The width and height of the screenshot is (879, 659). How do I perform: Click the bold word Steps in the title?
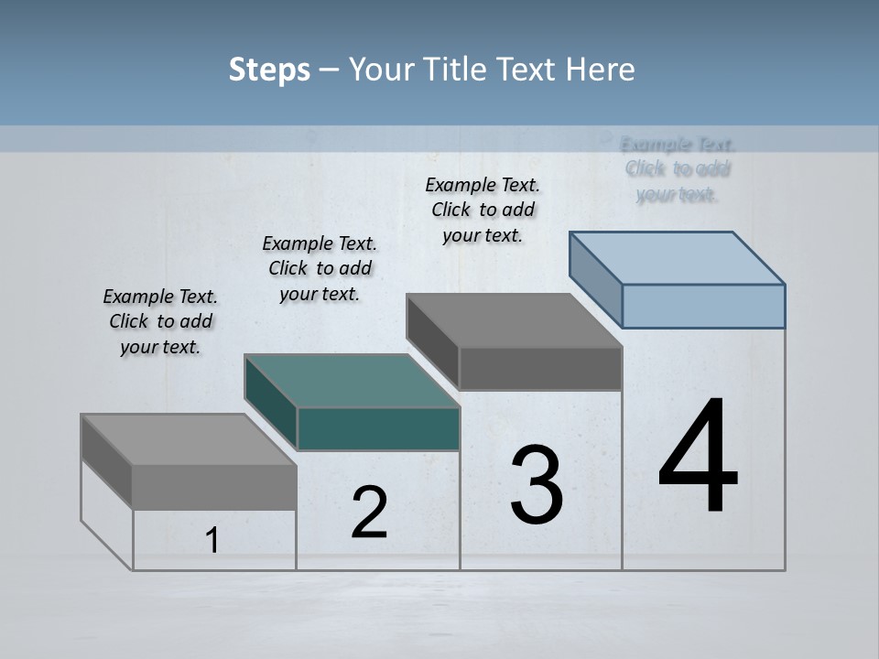coord(269,70)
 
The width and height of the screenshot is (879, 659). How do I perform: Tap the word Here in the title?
coord(601,70)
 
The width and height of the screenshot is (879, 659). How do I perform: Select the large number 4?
coord(698,458)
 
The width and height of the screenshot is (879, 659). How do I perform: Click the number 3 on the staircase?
coord(537,485)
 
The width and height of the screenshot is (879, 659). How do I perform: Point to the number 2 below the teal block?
coord(369,513)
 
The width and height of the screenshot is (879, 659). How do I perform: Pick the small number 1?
coord(212,540)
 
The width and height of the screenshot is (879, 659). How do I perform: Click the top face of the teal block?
coord(352,381)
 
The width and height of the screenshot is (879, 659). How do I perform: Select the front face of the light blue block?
coord(703,306)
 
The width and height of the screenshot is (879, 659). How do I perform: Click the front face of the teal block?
coord(378,429)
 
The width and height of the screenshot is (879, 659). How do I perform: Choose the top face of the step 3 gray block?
coord(514,320)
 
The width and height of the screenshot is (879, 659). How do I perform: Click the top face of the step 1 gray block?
coord(189,440)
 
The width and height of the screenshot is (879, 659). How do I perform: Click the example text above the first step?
coord(160,321)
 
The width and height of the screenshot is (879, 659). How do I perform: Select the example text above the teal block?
coord(320,268)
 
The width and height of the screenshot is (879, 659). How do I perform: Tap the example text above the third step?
coord(483,210)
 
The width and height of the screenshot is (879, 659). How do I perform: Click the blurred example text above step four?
coord(678,169)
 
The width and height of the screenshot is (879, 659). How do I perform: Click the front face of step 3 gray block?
coord(540,369)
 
